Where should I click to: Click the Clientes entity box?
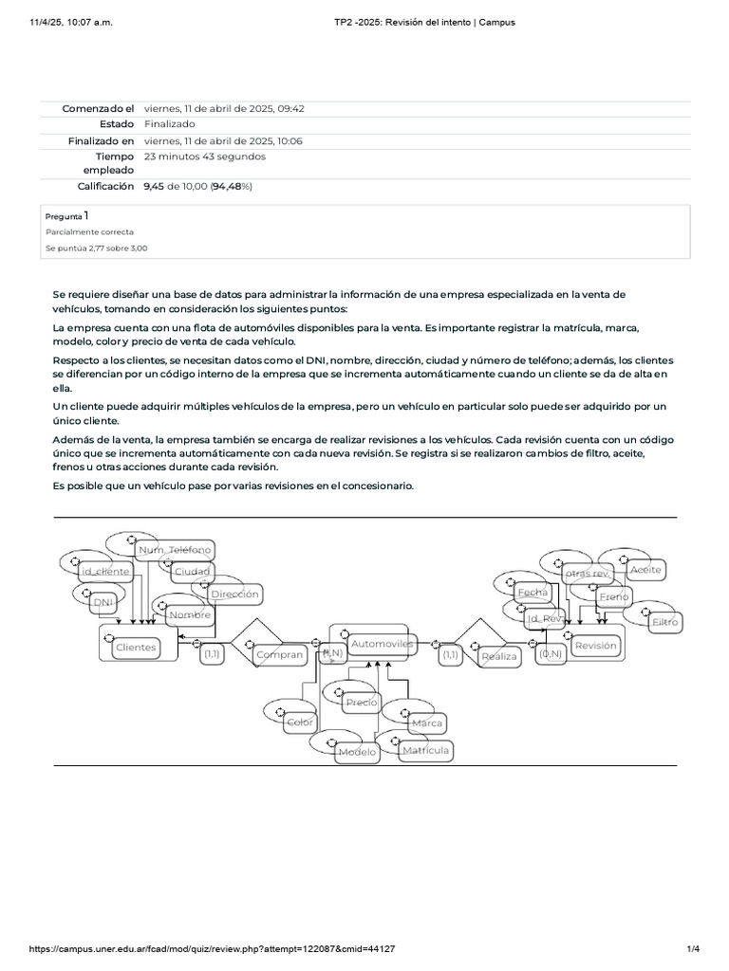tap(136, 647)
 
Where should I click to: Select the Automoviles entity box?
tap(383, 644)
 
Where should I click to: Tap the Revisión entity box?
tap(595, 645)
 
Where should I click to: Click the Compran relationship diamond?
tap(279, 653)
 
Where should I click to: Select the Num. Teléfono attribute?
tap(175, 550)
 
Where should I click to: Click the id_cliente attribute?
tap(105, 571)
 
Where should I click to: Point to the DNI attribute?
tap(102, 601)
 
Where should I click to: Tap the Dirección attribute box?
tap(234, 595)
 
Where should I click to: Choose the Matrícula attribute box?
tap(424, 750)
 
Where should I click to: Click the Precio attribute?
tap(362, 702)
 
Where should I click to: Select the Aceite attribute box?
tap(645, 570)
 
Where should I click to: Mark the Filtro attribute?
tap(664, 622)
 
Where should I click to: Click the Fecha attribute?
tap(533, 592)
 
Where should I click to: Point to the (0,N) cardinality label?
tap(551, 653)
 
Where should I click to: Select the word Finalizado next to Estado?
tap(170, 124)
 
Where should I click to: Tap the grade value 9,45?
tap(154, 187)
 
